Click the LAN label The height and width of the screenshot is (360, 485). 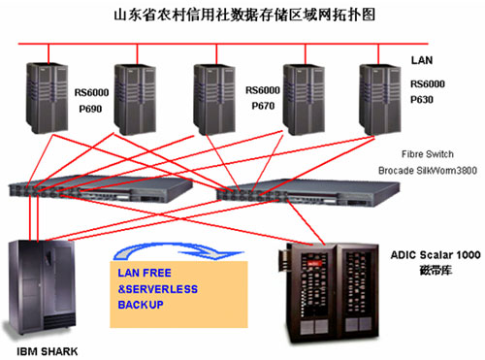422,60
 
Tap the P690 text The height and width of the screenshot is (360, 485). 90,109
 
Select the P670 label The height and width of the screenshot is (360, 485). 263,106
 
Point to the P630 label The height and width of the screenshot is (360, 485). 422,100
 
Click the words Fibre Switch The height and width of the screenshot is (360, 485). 428,154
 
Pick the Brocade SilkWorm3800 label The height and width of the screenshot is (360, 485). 428,171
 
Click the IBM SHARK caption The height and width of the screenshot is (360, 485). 48,351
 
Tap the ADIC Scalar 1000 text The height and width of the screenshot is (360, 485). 436,255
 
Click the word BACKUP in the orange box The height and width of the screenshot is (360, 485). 141,305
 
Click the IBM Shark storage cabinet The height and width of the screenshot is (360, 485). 41,288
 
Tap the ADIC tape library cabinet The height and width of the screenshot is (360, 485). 329,292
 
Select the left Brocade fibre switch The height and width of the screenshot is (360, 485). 100,190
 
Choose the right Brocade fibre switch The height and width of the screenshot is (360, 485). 307,193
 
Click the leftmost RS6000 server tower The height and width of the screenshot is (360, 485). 48,98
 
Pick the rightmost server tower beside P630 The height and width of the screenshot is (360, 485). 380,100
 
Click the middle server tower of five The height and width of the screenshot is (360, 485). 214,100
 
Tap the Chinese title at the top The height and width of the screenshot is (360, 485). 244,16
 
